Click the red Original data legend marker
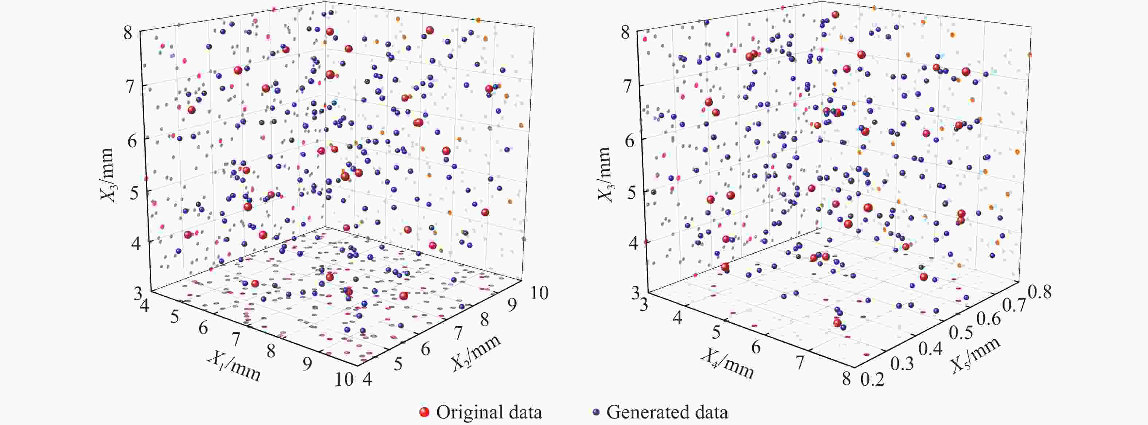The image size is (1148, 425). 424,412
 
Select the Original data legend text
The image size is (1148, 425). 489,412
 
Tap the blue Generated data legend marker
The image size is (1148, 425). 596,412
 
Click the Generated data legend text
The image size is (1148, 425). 667,412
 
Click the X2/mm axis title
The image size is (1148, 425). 476,352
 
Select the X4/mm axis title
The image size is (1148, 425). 727,363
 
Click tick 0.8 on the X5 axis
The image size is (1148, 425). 1039,292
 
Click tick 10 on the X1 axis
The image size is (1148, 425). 344,379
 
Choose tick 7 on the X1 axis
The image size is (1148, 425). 236,339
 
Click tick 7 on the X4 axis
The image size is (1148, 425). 800,363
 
